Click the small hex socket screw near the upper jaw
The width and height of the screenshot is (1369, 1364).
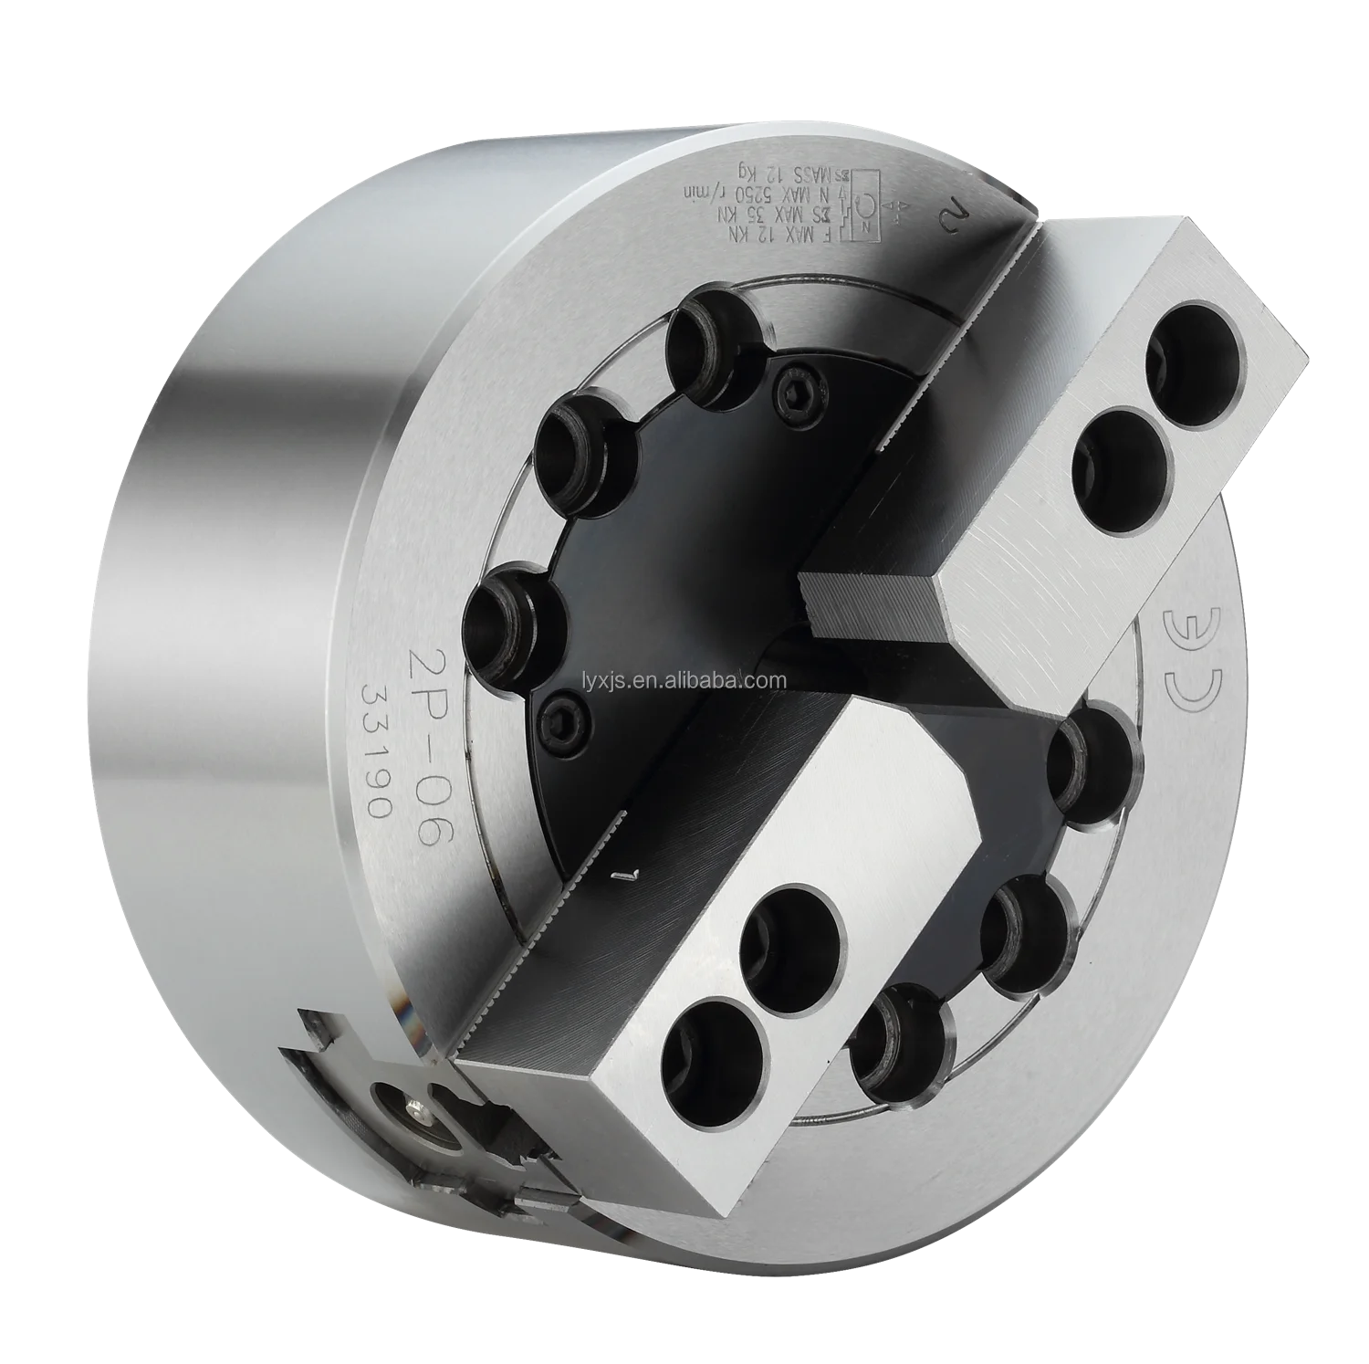point(797,393)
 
